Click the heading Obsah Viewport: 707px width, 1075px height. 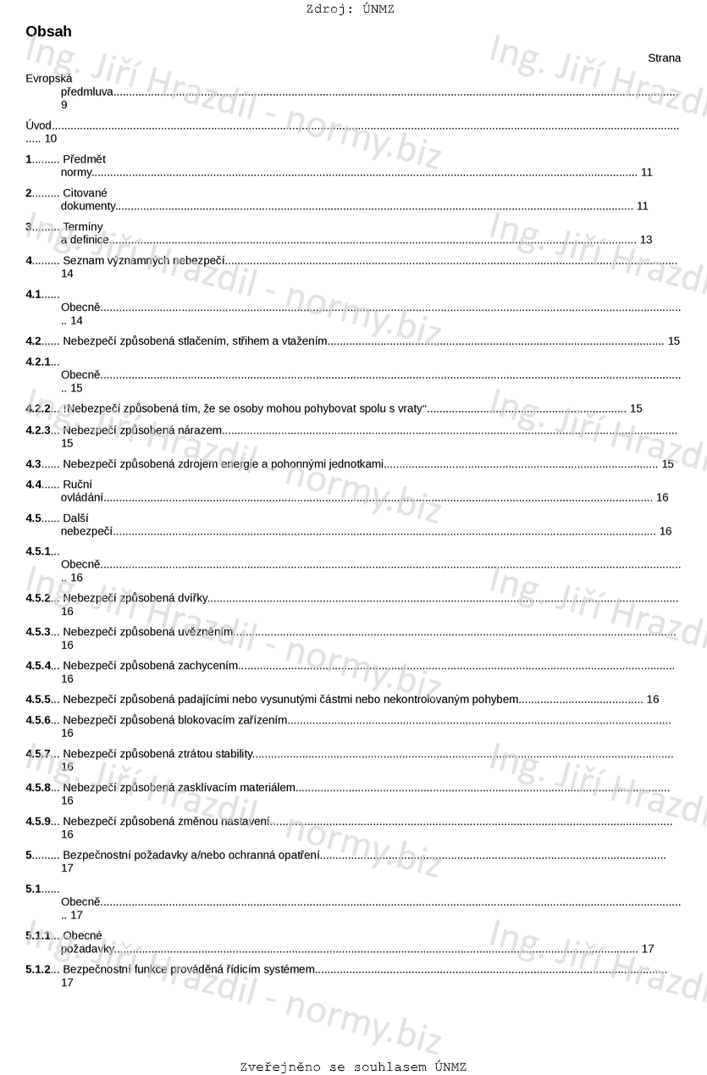click(x=49, y=32)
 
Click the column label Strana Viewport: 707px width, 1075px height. click(x=664, y=58)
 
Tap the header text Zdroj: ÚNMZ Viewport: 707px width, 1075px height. click(x=350, y=9)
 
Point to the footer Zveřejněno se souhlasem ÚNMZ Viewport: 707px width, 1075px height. click(x=353, y=1067)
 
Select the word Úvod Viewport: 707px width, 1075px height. click(x=39, y=125)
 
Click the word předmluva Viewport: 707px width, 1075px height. click(x=86, y=91)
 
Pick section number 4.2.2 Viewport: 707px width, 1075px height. click(x=39, y=408)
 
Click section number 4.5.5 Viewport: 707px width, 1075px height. click(x=39, y=699)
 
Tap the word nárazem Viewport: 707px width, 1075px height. click(x=199, y=430)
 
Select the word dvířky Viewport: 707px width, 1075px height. click(x=192, y=598)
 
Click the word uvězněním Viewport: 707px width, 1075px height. click(x=204, y=632)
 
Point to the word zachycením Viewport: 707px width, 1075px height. click(x=207, y=666)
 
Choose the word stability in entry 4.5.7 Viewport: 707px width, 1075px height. click(x=234, y=753)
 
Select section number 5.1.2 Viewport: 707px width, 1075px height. click(x=39, y=969)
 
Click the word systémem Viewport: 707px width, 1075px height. click(x=290, y=969)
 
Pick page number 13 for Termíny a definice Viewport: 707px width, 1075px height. click(x=646, y=240)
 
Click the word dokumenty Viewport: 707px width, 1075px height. click(x=87, y=206)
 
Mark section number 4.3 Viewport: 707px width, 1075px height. click(x=34, y=463)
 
